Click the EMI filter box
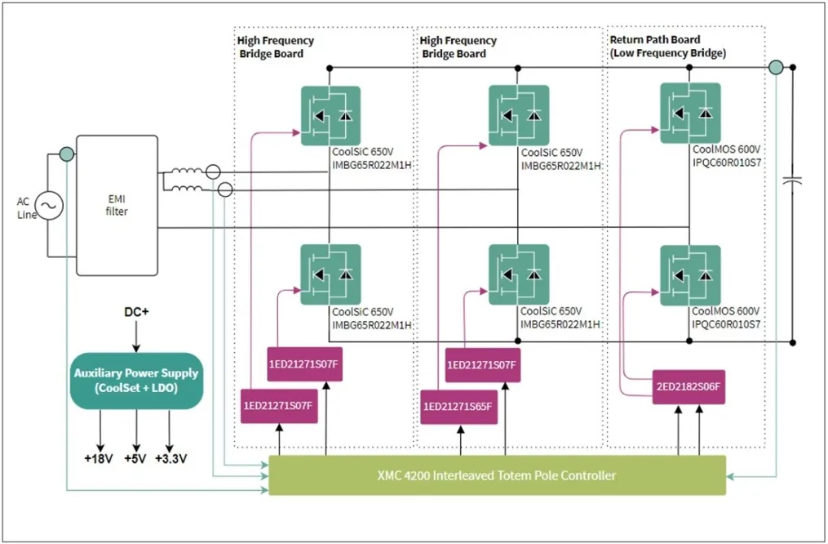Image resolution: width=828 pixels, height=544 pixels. point(117,205)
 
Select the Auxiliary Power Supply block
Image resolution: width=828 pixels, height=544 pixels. point(136,380)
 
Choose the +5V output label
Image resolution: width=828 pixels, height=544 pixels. point(135,458)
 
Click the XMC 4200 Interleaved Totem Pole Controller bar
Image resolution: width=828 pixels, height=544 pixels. point(496,475)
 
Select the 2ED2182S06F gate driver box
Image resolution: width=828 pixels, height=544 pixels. point(689,387)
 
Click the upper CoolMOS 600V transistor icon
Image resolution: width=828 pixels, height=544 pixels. point(690,113)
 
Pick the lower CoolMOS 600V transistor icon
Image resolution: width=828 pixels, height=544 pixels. point(690,275)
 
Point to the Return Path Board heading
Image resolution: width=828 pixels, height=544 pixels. point(655,39)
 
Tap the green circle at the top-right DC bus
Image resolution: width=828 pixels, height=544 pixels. point(775,66)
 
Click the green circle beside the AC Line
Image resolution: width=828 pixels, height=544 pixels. point(65,153)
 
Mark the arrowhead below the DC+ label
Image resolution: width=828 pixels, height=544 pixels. point(136,346)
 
